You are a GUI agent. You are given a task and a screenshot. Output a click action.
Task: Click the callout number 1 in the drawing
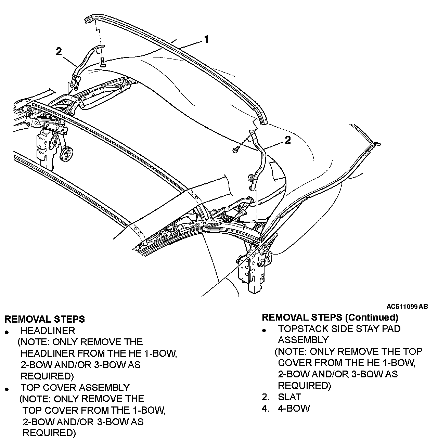(206, 40)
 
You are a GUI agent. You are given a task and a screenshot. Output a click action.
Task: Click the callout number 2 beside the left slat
(59, 51)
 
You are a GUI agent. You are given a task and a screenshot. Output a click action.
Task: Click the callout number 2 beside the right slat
(288, 140)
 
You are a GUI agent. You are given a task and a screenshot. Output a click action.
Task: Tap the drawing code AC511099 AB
(407, 307)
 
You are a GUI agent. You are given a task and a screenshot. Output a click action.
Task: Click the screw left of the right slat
(236, 149)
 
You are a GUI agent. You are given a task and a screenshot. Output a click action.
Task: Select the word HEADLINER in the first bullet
(48, 331)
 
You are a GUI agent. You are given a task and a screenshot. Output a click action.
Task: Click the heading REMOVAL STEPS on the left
(44, 319)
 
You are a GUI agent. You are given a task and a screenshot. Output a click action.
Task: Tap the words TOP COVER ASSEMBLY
(75, 388)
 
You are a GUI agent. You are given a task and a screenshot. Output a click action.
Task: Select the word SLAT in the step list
(289, 397)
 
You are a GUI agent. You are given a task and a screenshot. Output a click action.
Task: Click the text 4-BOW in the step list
(294, 409)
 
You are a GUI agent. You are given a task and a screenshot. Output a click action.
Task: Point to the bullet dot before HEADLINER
(7, 332)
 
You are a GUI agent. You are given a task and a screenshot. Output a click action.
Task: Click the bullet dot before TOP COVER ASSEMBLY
(7, 389)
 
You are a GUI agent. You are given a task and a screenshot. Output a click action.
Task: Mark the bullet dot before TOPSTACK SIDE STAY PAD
(264, 331)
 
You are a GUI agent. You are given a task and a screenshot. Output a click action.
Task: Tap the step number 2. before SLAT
(266, 397)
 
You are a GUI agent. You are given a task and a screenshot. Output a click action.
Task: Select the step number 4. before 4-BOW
(266, 409)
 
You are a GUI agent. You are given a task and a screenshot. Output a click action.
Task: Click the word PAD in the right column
(389, 329)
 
